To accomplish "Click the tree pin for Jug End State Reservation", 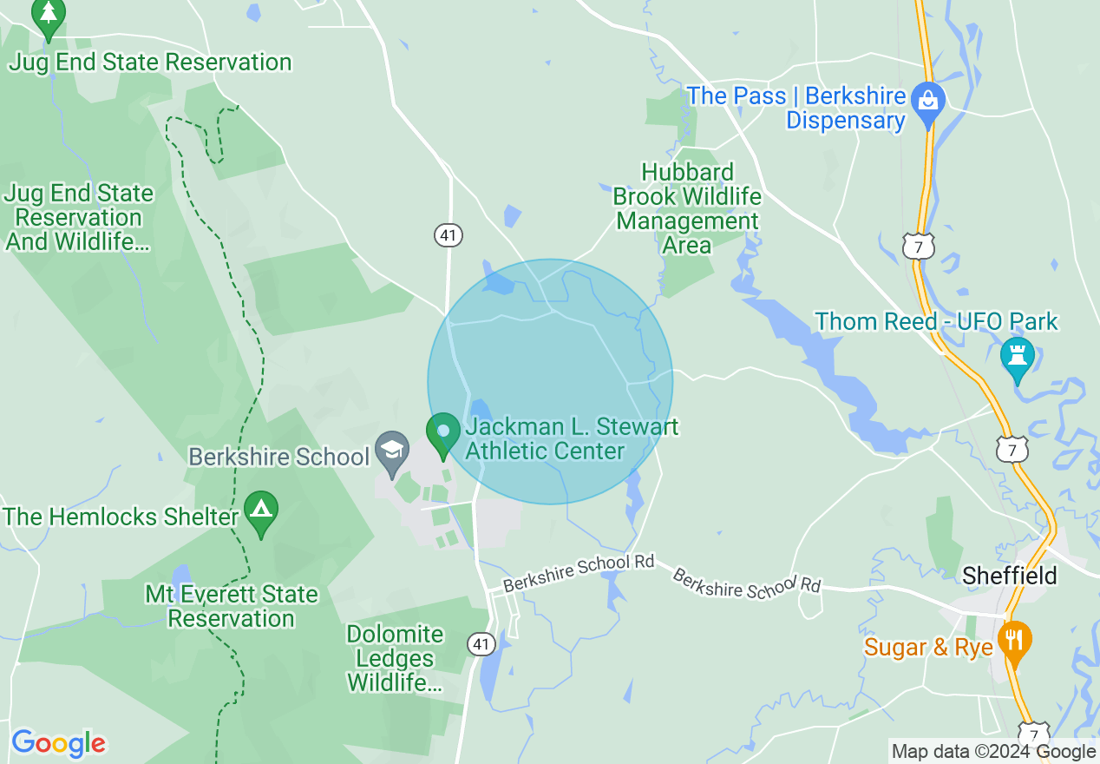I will point(49,16).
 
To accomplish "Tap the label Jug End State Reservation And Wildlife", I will point(79,217).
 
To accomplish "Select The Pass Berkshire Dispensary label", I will point(796,108).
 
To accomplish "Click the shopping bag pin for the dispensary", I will point(927,102).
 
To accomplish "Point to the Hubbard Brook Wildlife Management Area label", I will point(687,208).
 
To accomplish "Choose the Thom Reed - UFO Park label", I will point(936,322).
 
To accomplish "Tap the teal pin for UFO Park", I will point(1017,356).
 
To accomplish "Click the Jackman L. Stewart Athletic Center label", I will point(572,439).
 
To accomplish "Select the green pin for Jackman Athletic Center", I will point(443,432).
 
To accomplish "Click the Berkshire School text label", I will point(278,457).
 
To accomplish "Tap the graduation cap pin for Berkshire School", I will point(392,451).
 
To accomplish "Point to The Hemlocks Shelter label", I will point(120,517).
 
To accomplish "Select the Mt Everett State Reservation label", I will point(231,606).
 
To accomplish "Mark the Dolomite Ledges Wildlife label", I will point(395,658).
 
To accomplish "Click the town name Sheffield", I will point(1010,576).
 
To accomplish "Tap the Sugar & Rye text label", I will point(928,648).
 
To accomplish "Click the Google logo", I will point(58,743).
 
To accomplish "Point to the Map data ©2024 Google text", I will point(993,752).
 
